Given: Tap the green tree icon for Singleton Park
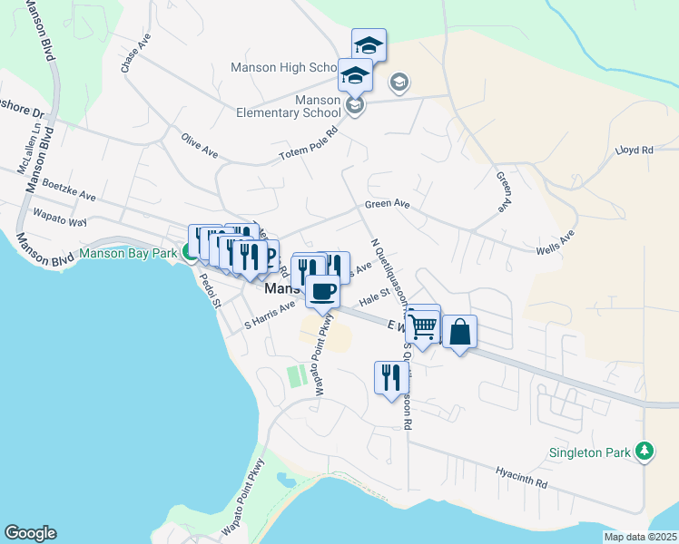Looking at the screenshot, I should [645, 451].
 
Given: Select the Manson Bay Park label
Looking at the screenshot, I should [127, 253].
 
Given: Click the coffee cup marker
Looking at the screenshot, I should [323, 291].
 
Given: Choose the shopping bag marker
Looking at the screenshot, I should [459, 332].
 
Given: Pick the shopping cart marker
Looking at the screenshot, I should [423, 325].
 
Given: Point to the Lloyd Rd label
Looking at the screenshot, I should [635, 151].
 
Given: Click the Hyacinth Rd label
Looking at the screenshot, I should [522, 478].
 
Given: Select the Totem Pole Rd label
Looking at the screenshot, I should [308, 149].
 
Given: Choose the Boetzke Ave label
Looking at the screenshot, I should [68, 189].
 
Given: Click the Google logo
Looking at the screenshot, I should [30, 533].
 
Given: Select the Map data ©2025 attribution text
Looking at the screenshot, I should [640, 537].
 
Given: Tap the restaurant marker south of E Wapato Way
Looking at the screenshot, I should [390, 377].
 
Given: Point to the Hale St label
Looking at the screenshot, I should [373, 297].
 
